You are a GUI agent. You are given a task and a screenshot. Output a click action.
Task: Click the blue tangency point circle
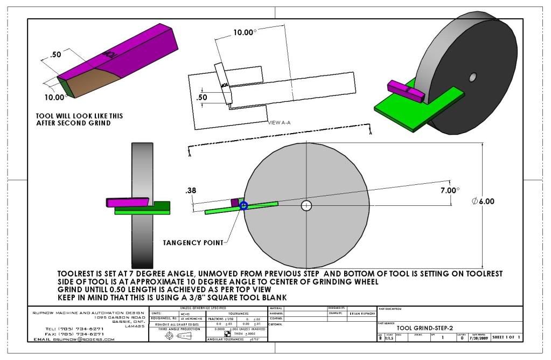[243, 205]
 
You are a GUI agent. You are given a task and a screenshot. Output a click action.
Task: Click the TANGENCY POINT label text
[193, 243]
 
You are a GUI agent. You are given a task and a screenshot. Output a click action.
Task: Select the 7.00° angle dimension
[450, 190]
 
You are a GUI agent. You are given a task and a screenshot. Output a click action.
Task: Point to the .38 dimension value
[190, 191]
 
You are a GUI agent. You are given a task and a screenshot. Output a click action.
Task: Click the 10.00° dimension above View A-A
[245, 32]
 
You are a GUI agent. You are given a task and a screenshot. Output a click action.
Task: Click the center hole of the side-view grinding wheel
[306, 205]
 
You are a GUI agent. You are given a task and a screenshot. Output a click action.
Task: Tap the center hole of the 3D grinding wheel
[472, 78]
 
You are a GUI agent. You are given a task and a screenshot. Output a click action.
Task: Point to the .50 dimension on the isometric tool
[55, 55]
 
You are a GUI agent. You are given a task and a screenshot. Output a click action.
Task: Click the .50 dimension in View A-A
[202, 98]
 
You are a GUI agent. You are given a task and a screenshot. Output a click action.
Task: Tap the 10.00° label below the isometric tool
[55, 97]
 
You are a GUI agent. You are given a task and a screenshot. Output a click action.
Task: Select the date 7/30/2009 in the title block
[479, 338]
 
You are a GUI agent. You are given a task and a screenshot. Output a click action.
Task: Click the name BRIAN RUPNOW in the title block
[360, 313]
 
